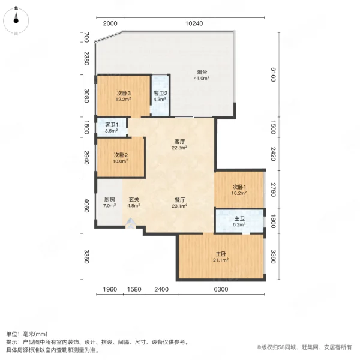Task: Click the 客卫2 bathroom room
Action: coord(160,97)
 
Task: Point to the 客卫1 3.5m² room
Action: coord(112,127)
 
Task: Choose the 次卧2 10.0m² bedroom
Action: coord(122,158)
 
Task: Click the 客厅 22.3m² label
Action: coord(179,145)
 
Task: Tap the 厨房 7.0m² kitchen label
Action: coord(109,202)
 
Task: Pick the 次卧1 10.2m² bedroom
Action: coord(239,190)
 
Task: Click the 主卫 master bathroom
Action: coord(239,220)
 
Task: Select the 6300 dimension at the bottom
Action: coord(221,290)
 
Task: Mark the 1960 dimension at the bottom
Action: coord(109,290)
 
